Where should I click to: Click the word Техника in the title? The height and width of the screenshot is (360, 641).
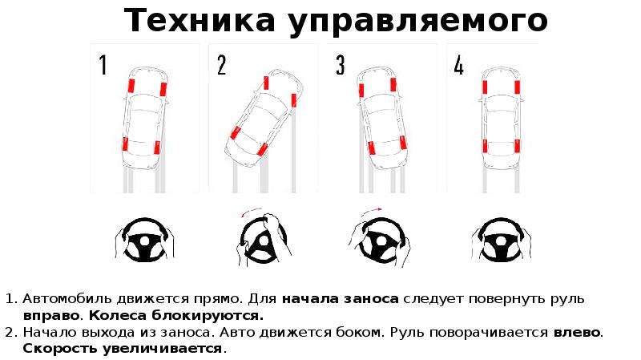200,21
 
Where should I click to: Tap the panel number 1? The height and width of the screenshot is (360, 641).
103,66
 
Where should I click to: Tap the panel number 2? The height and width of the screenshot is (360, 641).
222,66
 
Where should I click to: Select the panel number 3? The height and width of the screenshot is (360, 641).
340,66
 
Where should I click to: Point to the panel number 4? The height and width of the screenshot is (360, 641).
459,66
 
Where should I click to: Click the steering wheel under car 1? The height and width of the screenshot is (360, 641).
146,240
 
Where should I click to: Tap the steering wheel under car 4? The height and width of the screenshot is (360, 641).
502,240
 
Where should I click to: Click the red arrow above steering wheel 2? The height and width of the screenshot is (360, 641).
250,212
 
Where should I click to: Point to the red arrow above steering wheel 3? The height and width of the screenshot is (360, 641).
371,211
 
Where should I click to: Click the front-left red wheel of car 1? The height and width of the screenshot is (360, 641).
131,86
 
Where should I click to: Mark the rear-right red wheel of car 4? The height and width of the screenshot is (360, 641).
517,146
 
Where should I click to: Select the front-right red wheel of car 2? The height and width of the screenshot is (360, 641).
293,100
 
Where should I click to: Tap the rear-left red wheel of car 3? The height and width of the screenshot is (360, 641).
371,148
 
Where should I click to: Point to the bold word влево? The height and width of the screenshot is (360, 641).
576,332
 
